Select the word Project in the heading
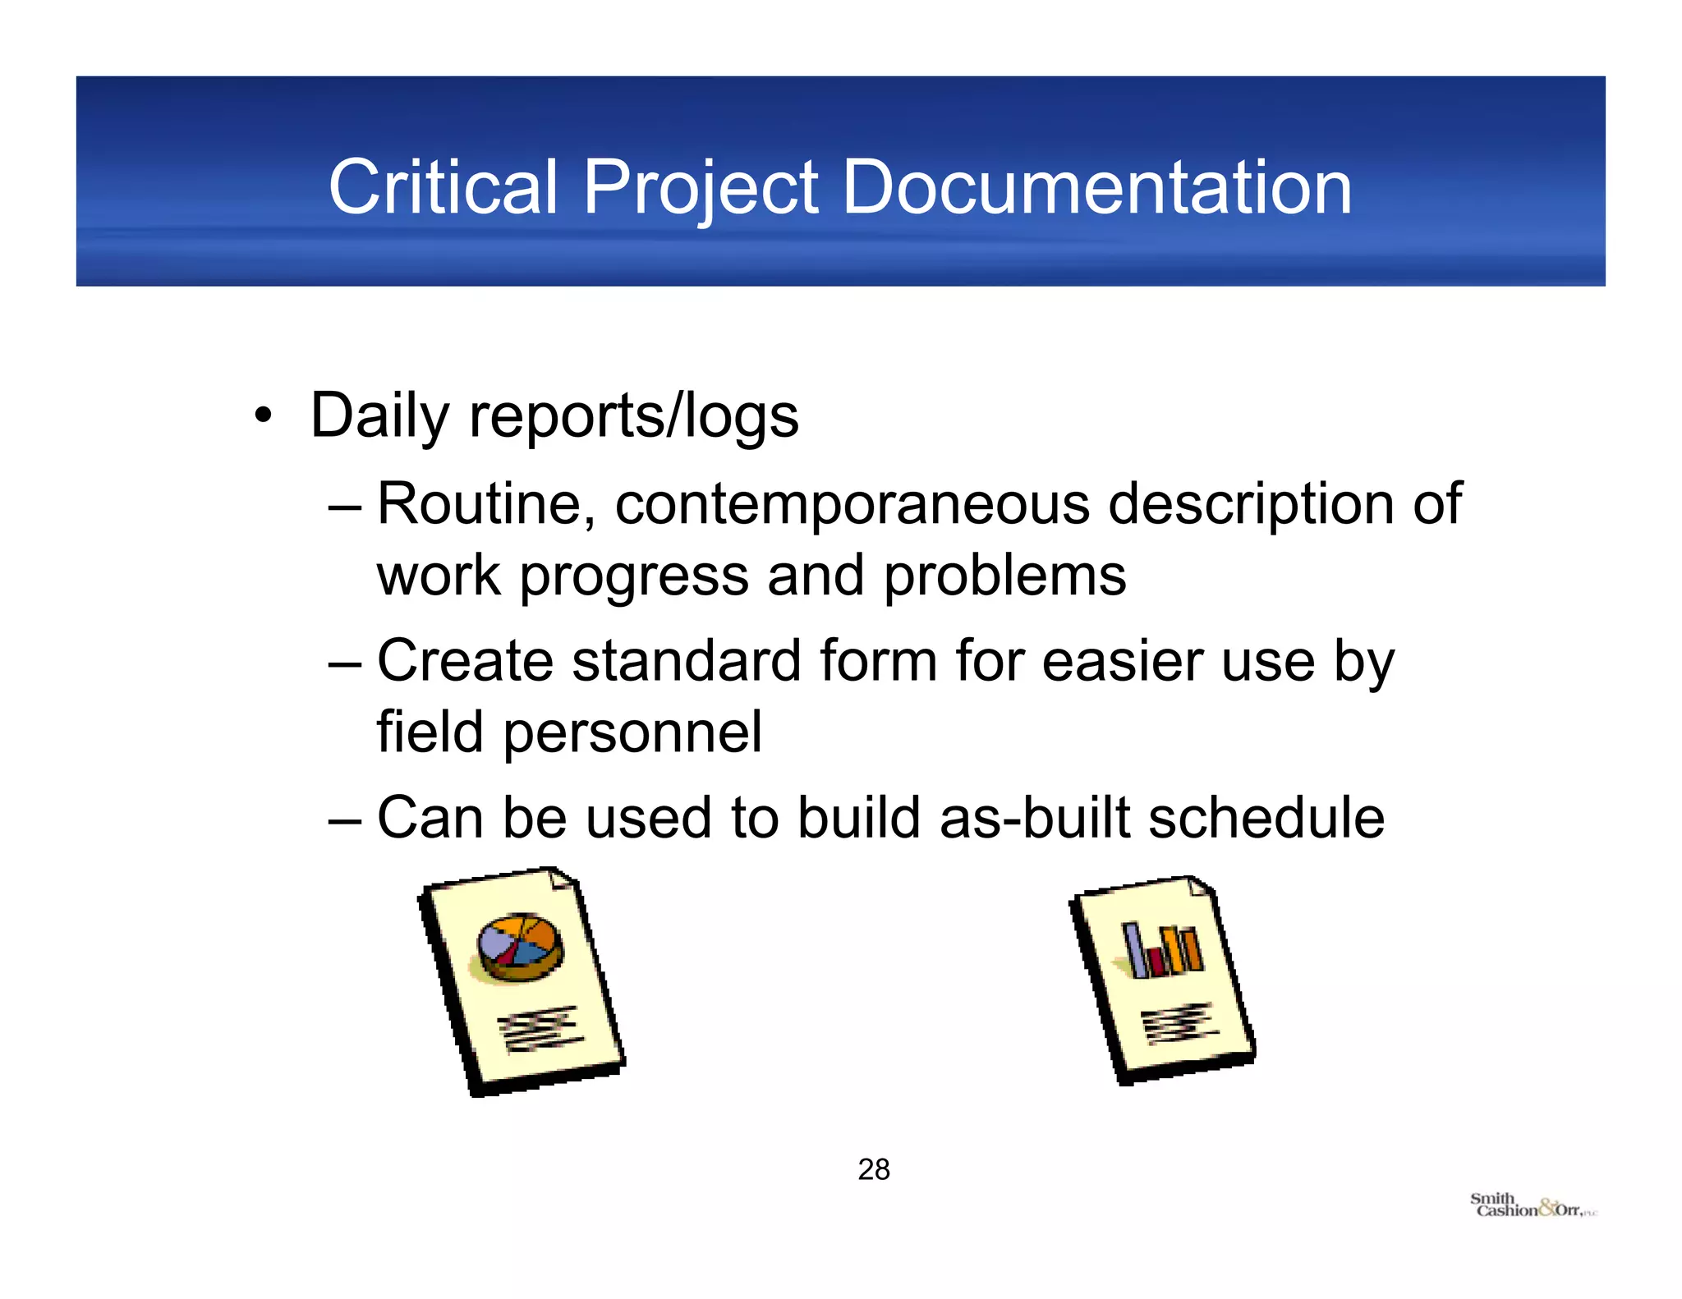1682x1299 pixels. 701,189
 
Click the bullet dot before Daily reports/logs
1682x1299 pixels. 262,414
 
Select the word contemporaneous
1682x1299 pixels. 852,503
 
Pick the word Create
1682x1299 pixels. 465,660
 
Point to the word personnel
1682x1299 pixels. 632,733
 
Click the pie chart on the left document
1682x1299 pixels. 521,947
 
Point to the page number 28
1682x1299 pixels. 874,1169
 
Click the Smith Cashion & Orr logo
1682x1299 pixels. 1533,1206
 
